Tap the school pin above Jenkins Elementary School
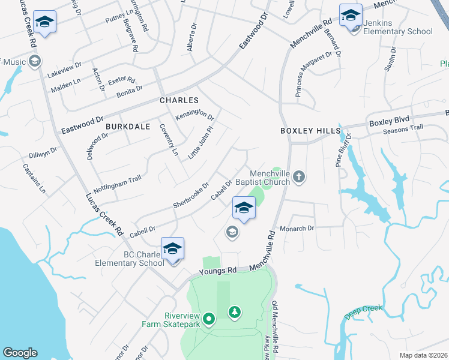pyautogui.click(x=351, y=16)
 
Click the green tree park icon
pyautogui.click(x=234, y=312)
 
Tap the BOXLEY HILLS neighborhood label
pyautogui.click(x=310, y=131)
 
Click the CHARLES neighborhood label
pyautogui.click(x=178, y=100)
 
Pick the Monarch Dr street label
pyautogui.click(x=297, y=229)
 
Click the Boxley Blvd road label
pyautogui.click(x=388, y=122)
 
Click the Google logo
pyautogui.click(x=20, y=353)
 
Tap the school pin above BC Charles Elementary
pyautogui.click(x=172, y=248)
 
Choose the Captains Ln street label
pyautogui.click(x=34, y=178)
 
